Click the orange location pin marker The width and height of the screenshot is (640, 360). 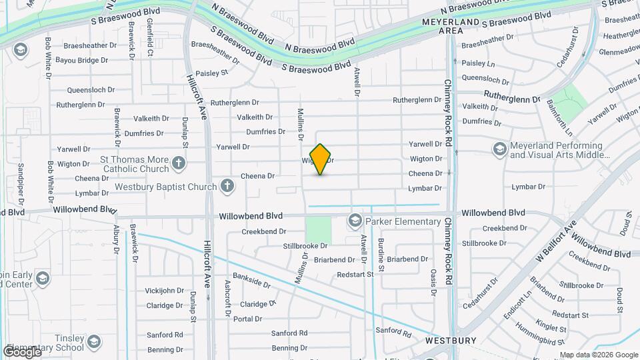321,159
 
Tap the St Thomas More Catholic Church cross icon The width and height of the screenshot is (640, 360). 178,162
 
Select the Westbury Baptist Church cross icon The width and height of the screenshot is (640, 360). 228,186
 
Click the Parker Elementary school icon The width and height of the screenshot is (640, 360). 355,219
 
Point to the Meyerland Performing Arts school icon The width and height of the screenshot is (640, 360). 499,149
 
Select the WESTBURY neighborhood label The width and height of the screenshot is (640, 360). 451,341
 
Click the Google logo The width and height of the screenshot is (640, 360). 21,351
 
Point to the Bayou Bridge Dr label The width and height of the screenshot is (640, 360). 82,61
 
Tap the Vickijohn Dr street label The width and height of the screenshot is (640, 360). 165,291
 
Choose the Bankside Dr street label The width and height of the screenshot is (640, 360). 251,280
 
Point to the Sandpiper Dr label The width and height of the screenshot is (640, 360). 21,183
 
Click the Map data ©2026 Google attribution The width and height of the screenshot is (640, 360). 599,355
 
